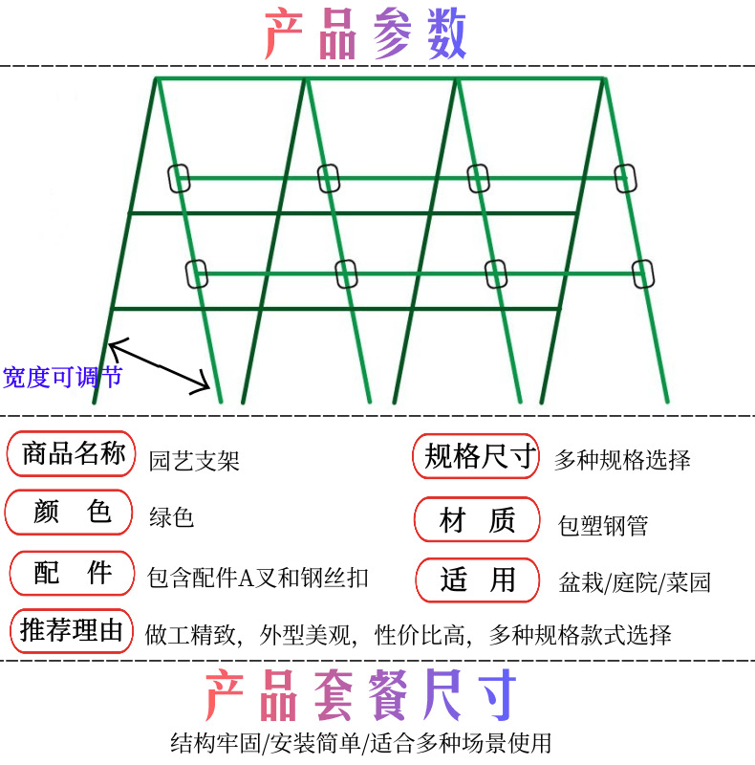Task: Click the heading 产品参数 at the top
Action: click(x=366, y=35)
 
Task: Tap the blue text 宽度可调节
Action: click(x=63, y=376)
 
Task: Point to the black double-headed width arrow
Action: click(x=159, y=365)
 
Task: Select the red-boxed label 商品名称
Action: click(x=73, y=453)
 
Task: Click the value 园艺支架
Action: click(x=194, y=461)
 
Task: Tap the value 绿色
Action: click(x=172, y=517)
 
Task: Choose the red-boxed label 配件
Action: click(x=73, y=574)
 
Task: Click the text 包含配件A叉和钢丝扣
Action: click(x=258, y=578)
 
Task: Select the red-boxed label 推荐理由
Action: click(x=73, y=631)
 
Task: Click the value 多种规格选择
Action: click(x=622, y=460)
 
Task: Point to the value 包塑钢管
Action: click(x=603, y=525)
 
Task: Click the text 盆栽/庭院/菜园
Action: click(x=635, y=581)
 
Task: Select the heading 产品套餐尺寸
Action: click(x=361, y=695)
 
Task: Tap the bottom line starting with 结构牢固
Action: click(x=360, y=742)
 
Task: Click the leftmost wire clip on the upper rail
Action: click(x=179, y=178)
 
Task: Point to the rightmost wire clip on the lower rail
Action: click(x=644, y=273)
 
